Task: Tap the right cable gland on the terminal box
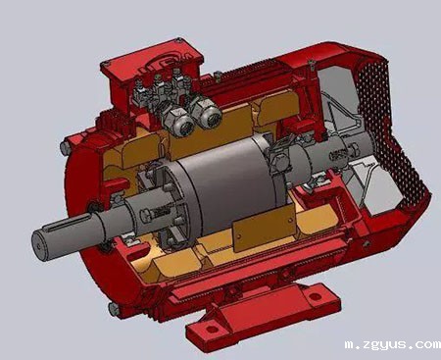[x=208, y=116]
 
